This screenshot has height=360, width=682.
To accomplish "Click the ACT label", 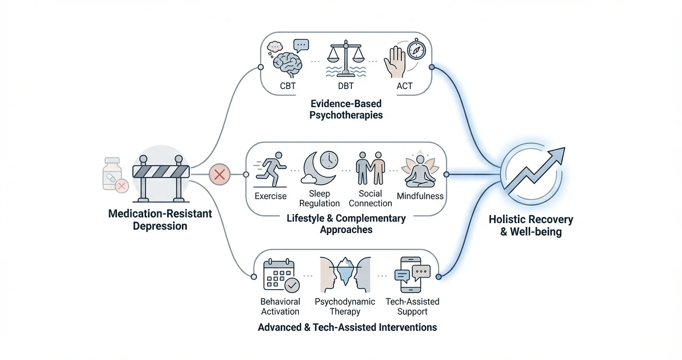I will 404,87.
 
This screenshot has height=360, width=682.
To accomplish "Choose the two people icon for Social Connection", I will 370,169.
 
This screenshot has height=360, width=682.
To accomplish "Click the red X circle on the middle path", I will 219,175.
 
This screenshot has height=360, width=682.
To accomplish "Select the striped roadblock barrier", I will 160,172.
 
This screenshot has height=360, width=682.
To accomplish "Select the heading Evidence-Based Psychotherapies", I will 346,109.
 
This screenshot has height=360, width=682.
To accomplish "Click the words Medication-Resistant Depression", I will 160,220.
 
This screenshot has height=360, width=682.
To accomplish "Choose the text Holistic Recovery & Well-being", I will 531,226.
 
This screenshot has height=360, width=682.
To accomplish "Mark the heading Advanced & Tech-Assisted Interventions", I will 347,328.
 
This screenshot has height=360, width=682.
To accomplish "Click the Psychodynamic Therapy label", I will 345,306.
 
